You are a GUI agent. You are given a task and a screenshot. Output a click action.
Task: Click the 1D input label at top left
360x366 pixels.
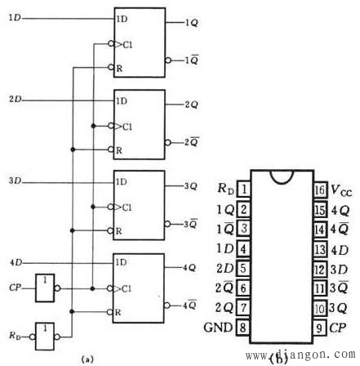[14, 18]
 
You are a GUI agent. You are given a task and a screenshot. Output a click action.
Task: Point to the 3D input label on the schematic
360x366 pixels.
[14, 179]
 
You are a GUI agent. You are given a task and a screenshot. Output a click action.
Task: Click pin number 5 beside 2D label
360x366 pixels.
[243, 267]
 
